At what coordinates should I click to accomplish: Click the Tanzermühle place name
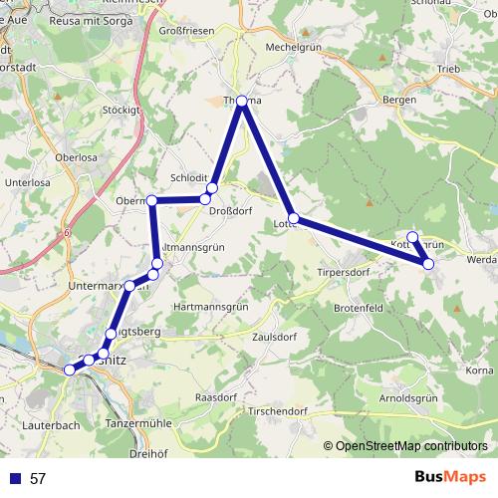point(138,423)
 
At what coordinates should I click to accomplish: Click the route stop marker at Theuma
point(242,100)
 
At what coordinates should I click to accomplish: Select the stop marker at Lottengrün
point(293,217)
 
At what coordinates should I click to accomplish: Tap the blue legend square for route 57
point(16,479)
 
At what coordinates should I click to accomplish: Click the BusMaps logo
point(451,478)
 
